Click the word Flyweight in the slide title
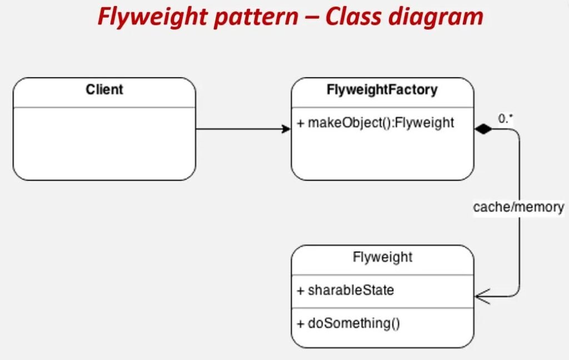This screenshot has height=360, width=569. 152,17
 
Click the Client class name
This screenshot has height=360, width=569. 104,89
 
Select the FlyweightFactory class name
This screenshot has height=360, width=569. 382,89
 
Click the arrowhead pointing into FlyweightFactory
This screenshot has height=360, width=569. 286,129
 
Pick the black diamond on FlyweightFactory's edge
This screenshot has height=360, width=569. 483,129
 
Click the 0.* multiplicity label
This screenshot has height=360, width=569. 506,118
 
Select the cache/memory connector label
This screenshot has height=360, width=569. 518,207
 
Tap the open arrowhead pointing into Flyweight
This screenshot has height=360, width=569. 482,297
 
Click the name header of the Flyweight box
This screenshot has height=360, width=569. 382,257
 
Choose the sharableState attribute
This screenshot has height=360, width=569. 351,291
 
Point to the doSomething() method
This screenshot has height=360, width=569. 354,323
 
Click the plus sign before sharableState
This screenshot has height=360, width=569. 301,291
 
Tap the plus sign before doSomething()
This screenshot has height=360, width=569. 301,323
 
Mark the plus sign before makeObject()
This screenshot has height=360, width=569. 301,123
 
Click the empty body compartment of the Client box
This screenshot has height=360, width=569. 104,144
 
